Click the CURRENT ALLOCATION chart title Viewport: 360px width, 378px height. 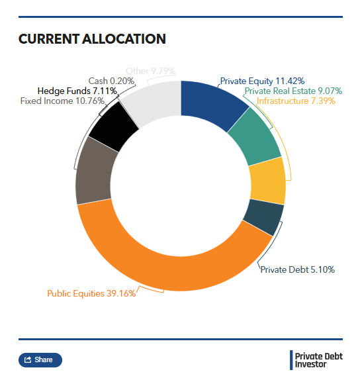click(92, 39)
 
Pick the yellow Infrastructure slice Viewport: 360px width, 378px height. click(267, 182)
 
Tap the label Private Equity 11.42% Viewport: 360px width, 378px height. click(262, 81)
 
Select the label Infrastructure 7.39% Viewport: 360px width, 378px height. click(296, 101)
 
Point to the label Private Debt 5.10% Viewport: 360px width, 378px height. click(297, 269)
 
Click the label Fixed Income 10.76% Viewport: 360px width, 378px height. click(62, 101)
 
